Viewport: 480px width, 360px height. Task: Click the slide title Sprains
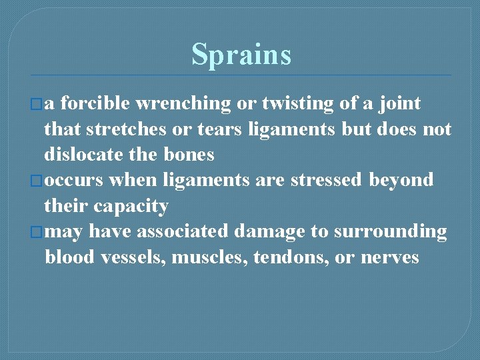click(x=241, y=54)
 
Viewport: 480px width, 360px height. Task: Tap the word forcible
click(x=99, y=103)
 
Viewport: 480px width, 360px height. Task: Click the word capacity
click(x=131, y=207)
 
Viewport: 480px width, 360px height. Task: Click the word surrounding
click(x=390, y=232)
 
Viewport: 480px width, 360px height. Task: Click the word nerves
click(x=390, y=257)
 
